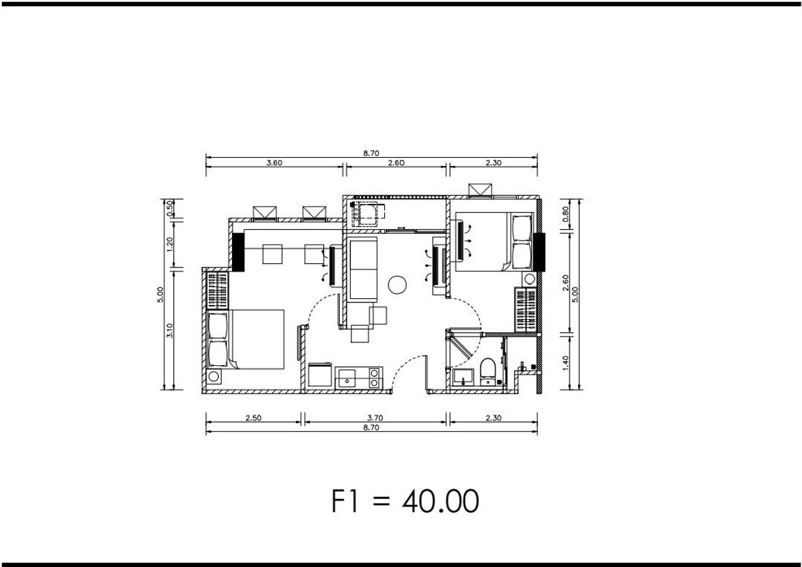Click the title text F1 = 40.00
[405, 501]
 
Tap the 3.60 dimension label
[274, 162]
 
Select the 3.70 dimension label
[375, 418]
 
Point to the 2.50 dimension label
[253, 418]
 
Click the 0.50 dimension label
[170, 208]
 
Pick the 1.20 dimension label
[170, 244]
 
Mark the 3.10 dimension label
[170, 330]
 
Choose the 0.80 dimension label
[565, 214]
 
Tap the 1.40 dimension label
[565, 363]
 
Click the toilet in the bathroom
[487, 372]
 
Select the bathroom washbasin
[462, 378]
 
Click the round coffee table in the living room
[397, 285]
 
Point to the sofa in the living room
[364, 269]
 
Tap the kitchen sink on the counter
[347, 378]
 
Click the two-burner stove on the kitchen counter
[374, 378]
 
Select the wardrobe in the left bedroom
[218, 290]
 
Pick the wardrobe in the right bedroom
[525, 309]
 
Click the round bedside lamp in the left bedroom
[214, 376]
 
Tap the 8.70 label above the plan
[372, 153]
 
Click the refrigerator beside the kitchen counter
[319, 375]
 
